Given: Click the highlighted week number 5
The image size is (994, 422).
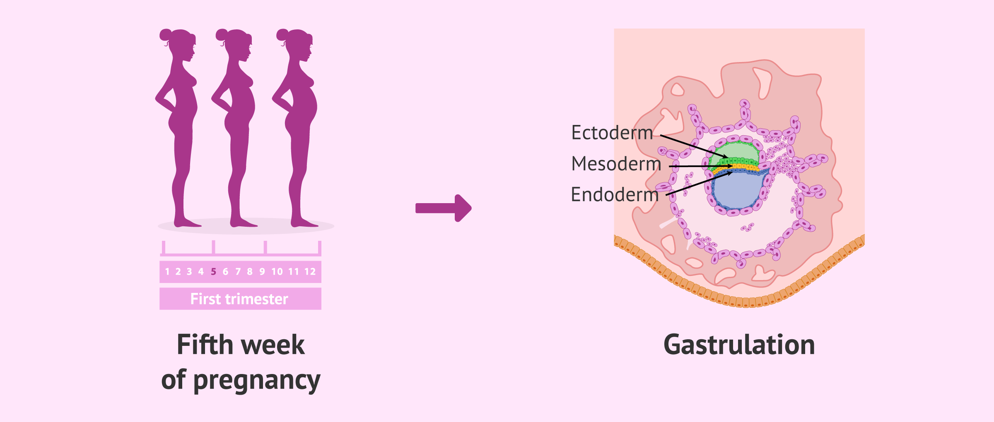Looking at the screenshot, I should coord(213,272).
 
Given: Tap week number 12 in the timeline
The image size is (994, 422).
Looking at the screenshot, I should coord(310,272).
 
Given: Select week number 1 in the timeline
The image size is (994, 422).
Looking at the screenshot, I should coord(167,272).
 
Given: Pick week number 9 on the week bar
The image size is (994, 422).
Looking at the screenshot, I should coord(262,272).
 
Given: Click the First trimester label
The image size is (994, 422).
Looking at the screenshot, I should coord(239,299).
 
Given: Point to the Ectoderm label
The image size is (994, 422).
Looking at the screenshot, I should coord(612,133).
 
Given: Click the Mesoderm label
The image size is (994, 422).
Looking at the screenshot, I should coord(616,164).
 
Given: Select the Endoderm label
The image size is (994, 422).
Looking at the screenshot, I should coord(615,194).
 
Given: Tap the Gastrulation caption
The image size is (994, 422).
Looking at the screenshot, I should coord(739,345).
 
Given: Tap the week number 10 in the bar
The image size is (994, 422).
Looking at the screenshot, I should coord(277,272).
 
